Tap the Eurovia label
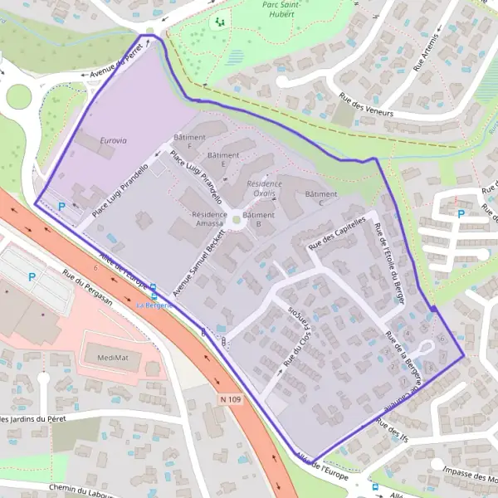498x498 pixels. pos(114,140)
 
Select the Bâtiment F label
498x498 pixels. pos(183,140)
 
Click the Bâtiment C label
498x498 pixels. pos(320,198)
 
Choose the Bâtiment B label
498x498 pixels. pos(264,219)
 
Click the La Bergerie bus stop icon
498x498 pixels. pos(153,291)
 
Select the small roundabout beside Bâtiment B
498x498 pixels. pos(237,220)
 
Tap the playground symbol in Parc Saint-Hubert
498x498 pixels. pos(220,22)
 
